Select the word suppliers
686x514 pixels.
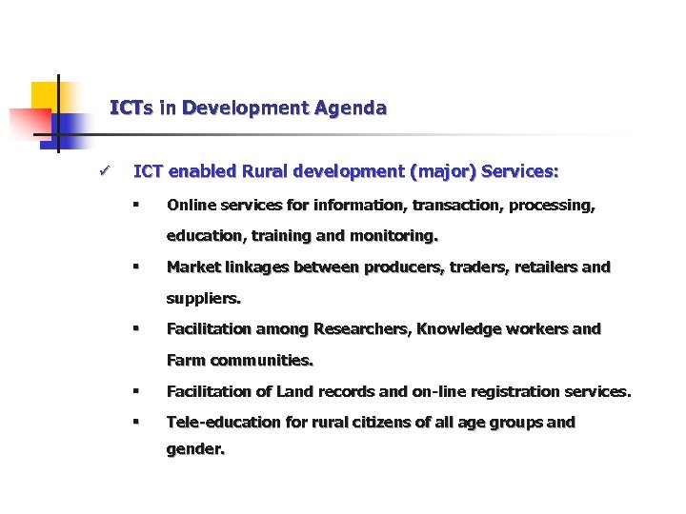tap(203, 298)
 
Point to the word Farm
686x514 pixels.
tap(186, 361)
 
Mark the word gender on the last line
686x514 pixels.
tap(194, 450)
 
